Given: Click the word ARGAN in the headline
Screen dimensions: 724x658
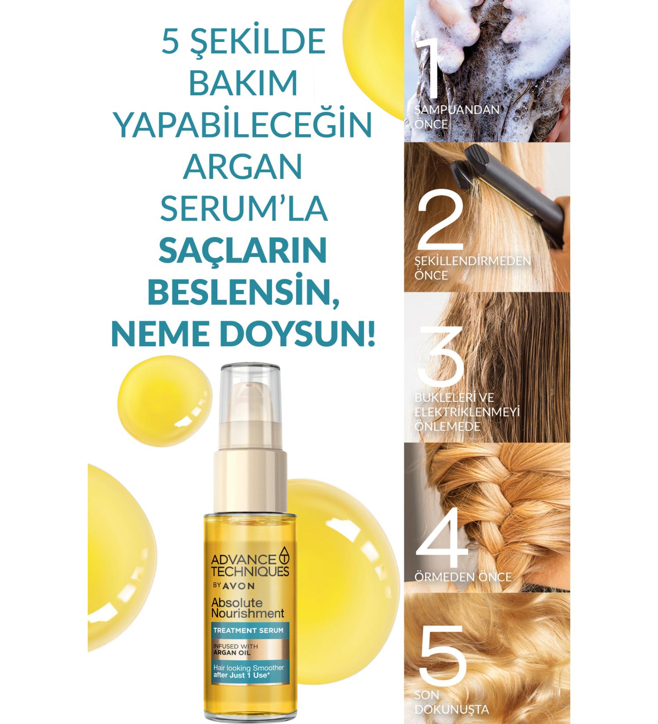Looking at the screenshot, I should (243, 167).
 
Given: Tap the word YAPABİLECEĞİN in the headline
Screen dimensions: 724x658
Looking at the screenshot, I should (243, 125).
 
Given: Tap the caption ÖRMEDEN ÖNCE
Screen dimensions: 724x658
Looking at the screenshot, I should (463, 577).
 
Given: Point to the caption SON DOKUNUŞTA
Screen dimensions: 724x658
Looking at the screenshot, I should (451, 702).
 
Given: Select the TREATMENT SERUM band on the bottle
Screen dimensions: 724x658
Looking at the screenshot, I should (248, 630).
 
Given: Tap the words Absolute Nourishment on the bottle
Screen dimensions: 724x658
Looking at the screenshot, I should (248, 607).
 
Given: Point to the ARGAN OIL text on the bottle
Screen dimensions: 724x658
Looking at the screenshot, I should (232, 652).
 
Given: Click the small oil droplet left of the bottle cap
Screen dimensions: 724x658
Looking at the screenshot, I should (154, 397).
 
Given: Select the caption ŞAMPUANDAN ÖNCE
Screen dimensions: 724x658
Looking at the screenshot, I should (456, 116).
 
